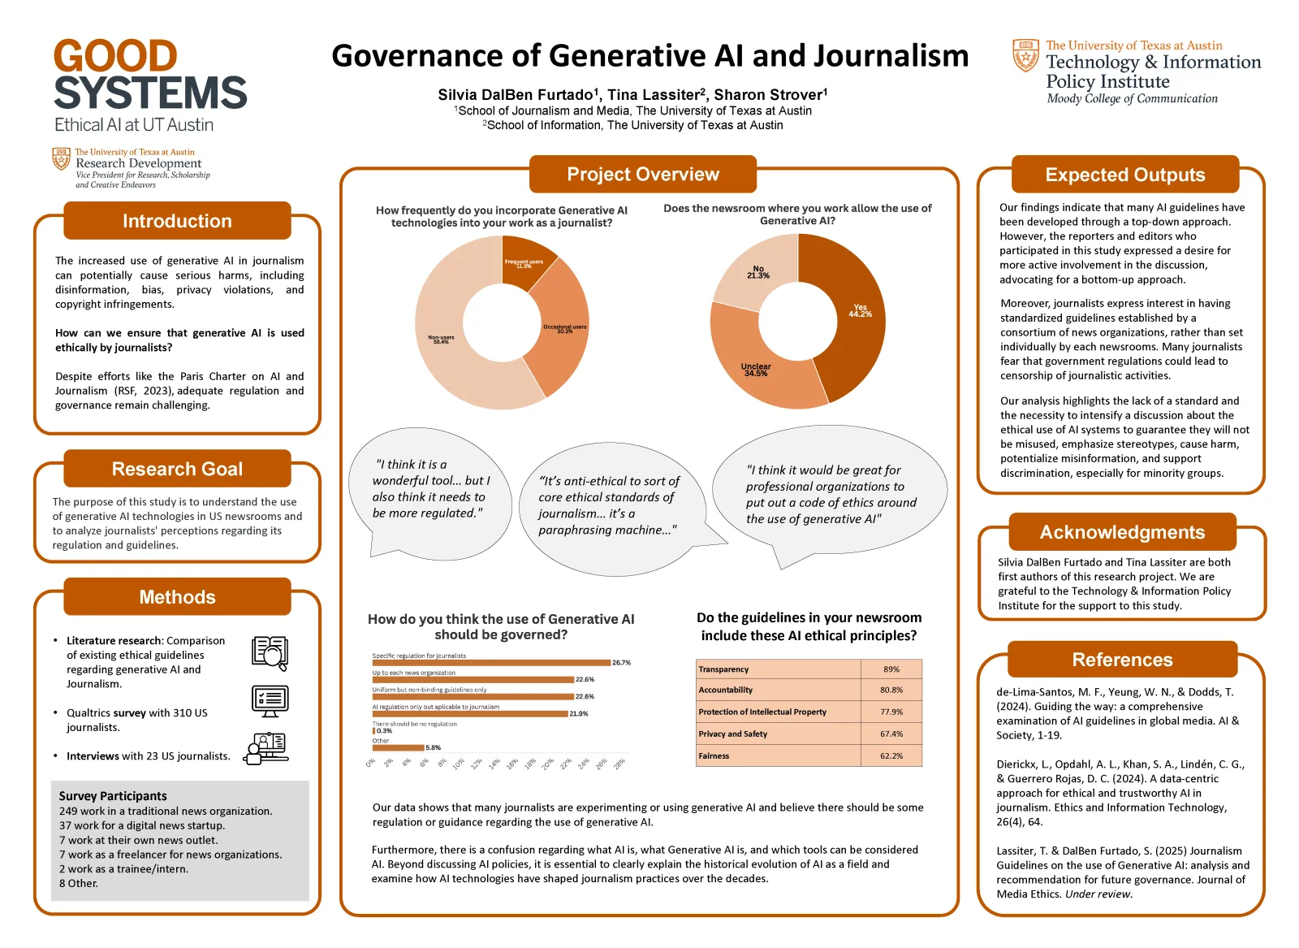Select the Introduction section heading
pyautogui.click(x=177, y=221)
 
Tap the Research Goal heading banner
pyautogui.click(x=177, y=469)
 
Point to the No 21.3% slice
pyautogui.click(x=755, y=272)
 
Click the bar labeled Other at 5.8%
pyautogui.click(x=399, y=747)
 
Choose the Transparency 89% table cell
pyautogui.click(x=891, y=669)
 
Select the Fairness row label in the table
pyautogui.click(x=714, y=755)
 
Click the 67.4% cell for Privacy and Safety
pyautogui.click(x=891, y=734)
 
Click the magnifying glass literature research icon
pyautogui.click(x=270, y=653)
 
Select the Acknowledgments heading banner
pyautogui.click(x=1122, y=532)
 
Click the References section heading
pyautogui.click(x=1122, y=660)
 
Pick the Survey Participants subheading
pyautogui.click(x=113, y=796)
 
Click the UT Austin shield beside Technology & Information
pyautogui.click(x=1025, y=55)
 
